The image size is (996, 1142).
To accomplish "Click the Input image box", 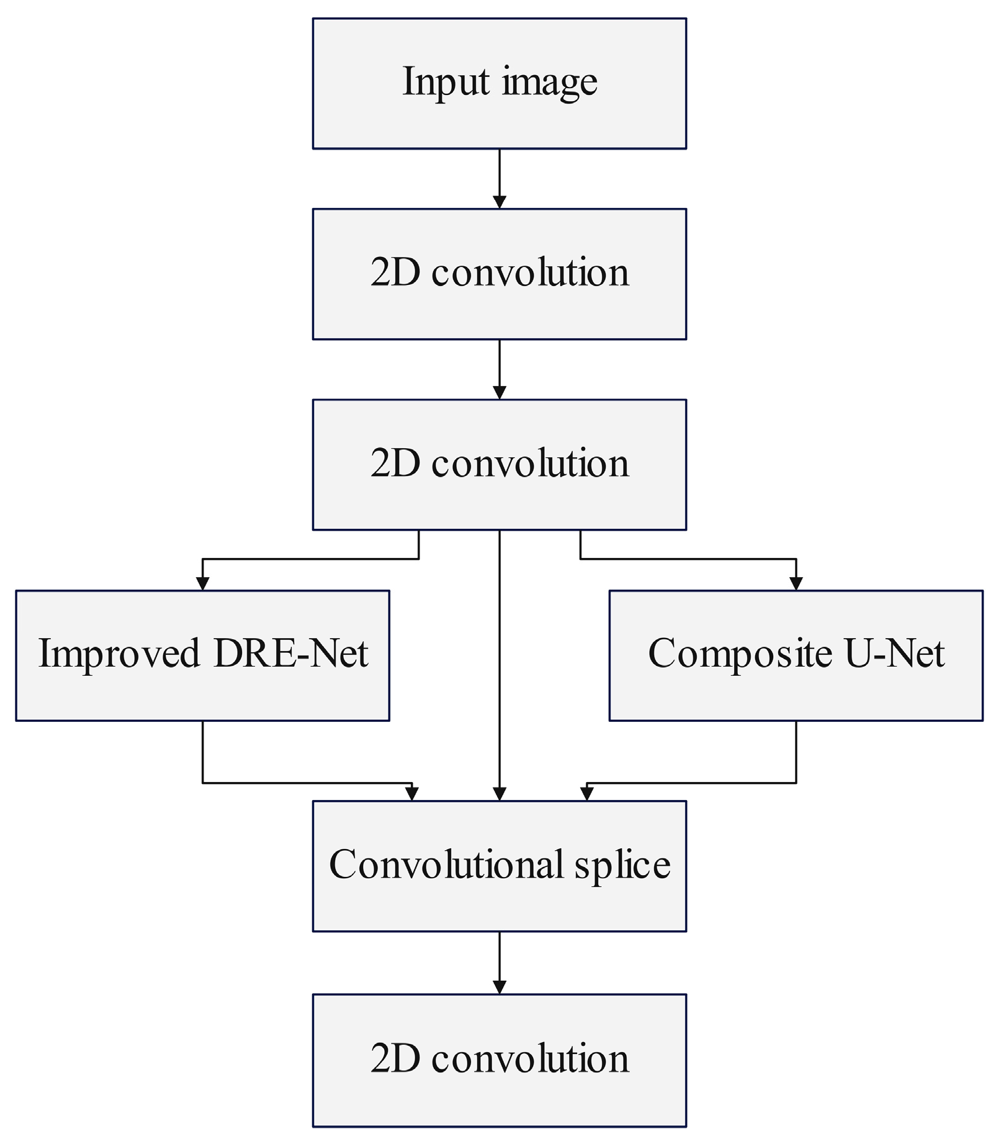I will (x=499, y=83).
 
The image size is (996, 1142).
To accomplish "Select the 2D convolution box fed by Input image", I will (x=499, y=274).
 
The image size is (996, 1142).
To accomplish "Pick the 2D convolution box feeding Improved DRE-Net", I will (x=499, y=464).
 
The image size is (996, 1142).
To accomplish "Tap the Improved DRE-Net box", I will (x=202, y=655).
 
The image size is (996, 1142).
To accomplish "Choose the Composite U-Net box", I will (x=796, y=655).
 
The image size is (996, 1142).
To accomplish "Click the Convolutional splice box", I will (x=499, y=866).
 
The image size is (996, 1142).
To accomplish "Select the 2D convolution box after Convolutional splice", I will (x=499, y=1060).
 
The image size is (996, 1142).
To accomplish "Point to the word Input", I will (x=446, y=82).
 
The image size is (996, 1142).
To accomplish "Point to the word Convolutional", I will (x=446, y=864).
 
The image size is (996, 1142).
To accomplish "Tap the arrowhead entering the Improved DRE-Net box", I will (x=202, y=583).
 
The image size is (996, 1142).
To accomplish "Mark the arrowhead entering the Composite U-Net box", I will (x=796, y=583).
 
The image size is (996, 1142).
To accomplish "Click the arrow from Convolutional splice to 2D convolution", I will (x=499, y=962).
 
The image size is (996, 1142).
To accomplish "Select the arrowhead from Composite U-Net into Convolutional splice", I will (x=586, y=794).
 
